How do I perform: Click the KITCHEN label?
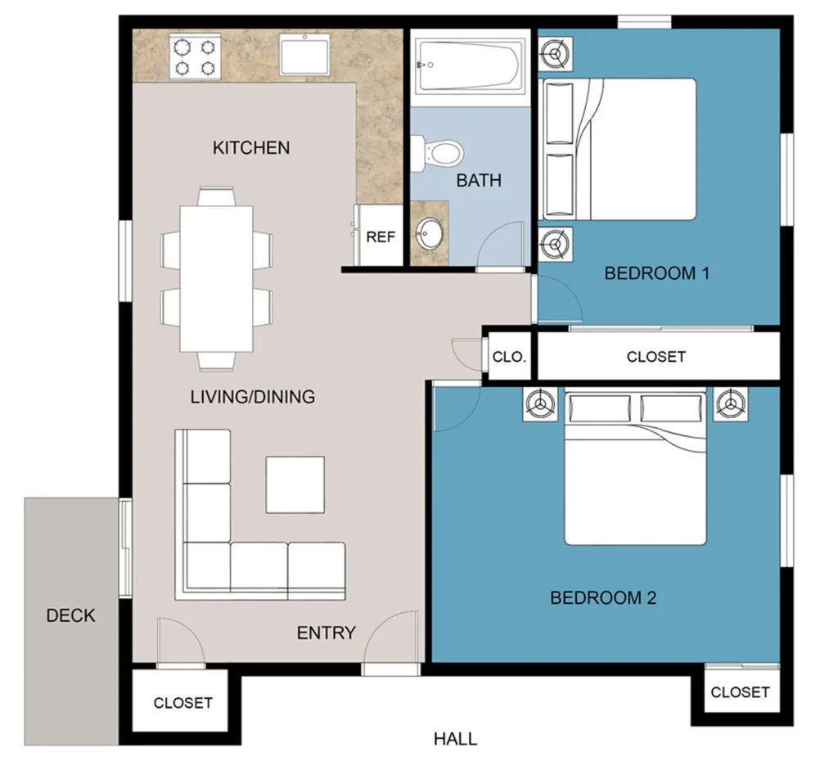(251, 148)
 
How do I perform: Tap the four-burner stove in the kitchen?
(195, 56)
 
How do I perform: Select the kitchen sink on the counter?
(304, 54)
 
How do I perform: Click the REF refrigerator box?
(381, 237)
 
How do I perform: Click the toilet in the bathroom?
(440, 153)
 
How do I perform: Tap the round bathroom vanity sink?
(429, 234)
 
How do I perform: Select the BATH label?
(479, 180)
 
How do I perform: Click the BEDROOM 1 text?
(656, 273)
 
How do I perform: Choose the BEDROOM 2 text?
(603, 598)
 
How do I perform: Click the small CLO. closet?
(509, 357)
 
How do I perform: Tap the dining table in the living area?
(217, 278)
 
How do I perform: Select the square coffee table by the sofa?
(296, 484)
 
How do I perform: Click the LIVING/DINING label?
(252, 398)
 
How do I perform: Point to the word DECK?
(70, 615)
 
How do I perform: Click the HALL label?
(455, 740)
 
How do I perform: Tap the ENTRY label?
(326, 633)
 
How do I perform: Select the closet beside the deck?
(182, 702)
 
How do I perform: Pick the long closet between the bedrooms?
(656, 357)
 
